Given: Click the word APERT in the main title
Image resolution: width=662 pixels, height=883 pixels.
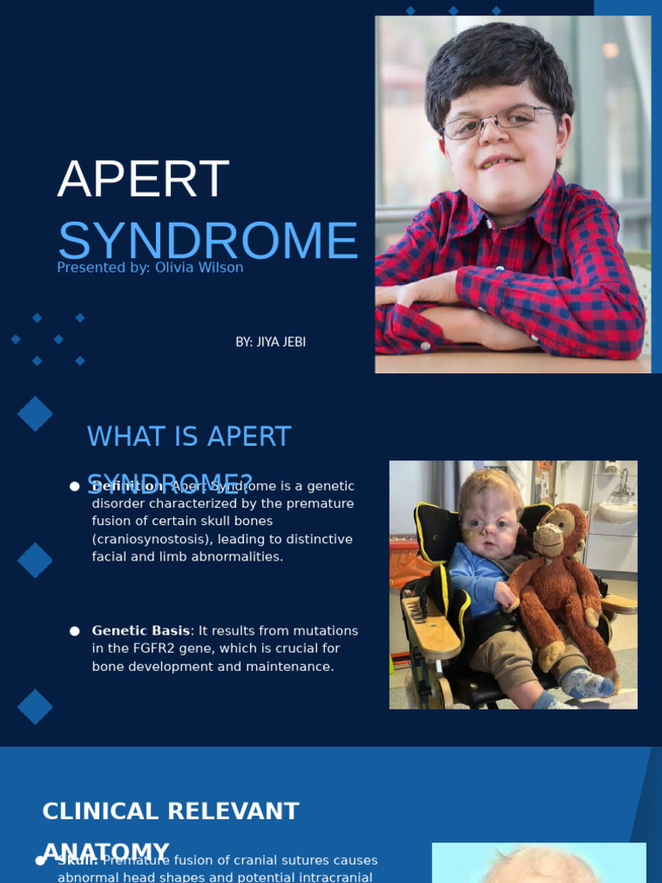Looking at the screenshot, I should coord(143,179).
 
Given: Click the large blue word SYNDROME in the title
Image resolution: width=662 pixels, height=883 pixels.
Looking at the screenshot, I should coord(207,241).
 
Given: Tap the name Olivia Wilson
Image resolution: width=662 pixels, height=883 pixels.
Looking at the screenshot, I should coord(197,268).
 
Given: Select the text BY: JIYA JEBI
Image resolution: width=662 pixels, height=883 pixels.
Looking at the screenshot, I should coord(271,341).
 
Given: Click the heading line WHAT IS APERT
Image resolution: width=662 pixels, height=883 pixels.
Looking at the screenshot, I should coord(189,436).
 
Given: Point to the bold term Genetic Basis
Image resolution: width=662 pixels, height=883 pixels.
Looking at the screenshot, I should coord(141,631).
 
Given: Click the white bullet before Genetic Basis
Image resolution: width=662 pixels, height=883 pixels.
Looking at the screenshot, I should coord(75,631).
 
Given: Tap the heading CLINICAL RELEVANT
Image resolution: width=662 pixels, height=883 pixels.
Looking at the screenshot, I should coord(171,811).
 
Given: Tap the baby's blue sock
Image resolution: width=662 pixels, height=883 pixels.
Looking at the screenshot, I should coord(589,685).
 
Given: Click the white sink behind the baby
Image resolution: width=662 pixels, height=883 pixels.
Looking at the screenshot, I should coord(617,510).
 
